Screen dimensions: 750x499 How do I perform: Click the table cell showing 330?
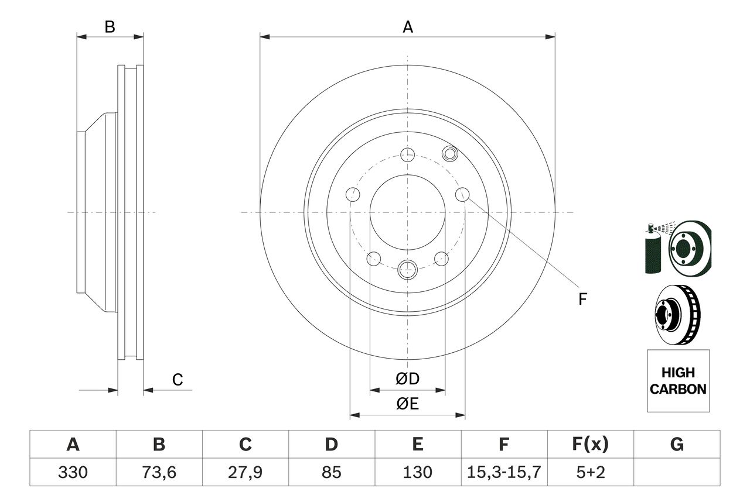(73, 472)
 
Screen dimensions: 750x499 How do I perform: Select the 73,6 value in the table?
(159, 473)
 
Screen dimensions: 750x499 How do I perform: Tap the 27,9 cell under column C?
(245, 473)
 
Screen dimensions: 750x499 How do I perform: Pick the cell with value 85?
(331, 472)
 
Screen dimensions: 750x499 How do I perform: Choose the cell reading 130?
(418, 472)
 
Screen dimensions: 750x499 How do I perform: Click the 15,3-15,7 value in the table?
(504, 473)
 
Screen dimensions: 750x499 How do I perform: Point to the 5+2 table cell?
(591, 472)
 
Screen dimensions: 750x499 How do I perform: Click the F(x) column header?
(590, 444)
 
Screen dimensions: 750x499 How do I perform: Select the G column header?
(677, 444)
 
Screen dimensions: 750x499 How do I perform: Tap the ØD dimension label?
(407, 378)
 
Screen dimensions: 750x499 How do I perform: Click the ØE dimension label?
(407, 404)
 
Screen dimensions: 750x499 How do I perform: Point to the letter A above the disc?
(407, 27)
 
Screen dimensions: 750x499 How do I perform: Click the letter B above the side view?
(110, 27)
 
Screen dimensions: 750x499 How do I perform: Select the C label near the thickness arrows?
(178, 380)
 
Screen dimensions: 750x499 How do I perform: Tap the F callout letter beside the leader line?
(582, 299)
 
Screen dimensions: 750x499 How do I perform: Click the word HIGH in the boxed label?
(678, 373)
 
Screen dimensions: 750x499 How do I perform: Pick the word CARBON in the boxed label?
(678, 389)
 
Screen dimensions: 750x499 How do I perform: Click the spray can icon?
(653, 249)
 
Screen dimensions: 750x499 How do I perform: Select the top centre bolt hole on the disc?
(407, 155)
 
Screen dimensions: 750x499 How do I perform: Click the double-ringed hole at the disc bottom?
(407, 269)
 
